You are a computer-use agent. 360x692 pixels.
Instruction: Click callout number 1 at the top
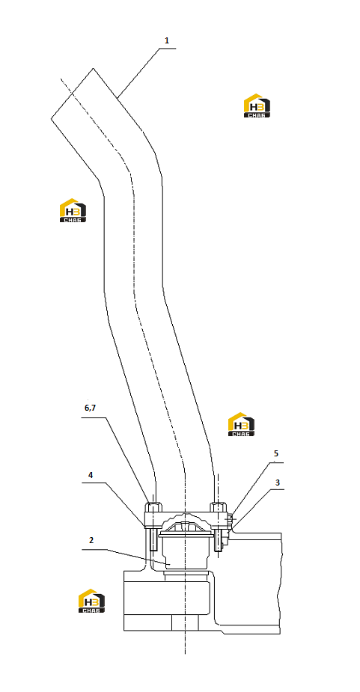coord(166,40)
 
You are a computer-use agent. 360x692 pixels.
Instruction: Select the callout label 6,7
coord(90,408)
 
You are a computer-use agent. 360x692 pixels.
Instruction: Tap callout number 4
coord(91,475)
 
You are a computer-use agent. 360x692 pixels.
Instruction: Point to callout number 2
coord(91,540)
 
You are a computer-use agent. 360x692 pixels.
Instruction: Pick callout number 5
coord(276,453)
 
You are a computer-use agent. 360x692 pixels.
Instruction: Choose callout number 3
coord(278,483)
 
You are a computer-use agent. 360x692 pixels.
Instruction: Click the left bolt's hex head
coord(153,507)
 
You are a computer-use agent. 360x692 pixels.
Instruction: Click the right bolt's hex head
coord(219,507)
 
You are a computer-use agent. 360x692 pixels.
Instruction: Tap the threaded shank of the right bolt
coord(219,538)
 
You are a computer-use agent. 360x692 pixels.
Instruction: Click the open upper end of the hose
coord(72,94)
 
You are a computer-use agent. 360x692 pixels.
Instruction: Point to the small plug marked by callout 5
coord(230,520)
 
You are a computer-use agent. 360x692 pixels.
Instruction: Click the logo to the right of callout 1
coord(257,106)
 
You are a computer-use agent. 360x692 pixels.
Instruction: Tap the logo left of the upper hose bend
coord(73,210)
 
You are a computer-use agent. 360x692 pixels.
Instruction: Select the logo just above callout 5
coord(241,425)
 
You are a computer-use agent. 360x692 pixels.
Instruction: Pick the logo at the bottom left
coord(91,601)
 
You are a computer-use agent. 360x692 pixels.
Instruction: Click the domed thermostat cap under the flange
coord(185,524)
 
